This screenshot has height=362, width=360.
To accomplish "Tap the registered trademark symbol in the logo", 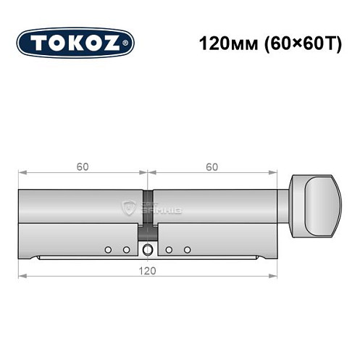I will coord(127,43).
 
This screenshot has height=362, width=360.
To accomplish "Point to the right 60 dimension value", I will coord(212,167).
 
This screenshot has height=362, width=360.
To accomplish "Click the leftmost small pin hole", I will coord(108,250).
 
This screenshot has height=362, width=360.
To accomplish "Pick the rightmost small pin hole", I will coord(187,250).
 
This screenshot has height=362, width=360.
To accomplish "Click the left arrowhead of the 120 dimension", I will coord(22,276).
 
